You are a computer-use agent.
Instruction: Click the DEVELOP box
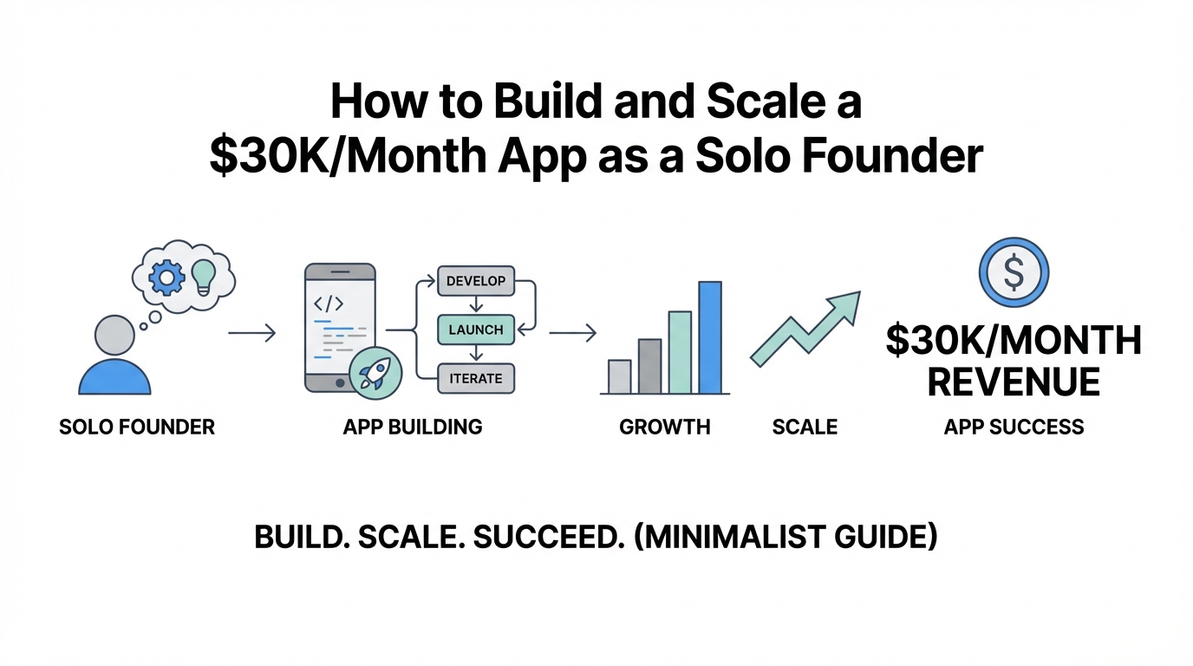[x=476, y=281]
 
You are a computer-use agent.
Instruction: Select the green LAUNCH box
[x=476, y=330]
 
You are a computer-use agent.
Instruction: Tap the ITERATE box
[x=476, y=378]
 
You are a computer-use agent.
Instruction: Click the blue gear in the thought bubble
[x=166, y=277]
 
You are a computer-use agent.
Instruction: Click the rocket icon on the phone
[x=375, y=373]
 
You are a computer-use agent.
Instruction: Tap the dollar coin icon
[x=1014, y=272]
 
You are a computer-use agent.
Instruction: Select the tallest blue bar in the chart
[x=710, y=337]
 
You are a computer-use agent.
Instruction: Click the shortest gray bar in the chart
[x=619, y=376]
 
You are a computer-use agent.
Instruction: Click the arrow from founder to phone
[x=252, y=333]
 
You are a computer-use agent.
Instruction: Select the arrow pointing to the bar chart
[x=572, y=333]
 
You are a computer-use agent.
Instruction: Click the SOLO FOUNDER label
[x=137, y=427]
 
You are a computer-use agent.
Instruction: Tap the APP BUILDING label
[x=413, y=427]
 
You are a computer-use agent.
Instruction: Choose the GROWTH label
[x=665, y=427]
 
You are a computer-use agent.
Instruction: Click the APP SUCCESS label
[x=1014, y=427]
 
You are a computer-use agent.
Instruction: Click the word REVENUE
[x=1014, y=382]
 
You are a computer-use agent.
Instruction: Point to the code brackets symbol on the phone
[x=329, y=304]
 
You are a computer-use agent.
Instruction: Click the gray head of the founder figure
[x=114, y=335]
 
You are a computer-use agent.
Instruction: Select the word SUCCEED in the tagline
[x=549, y=537]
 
